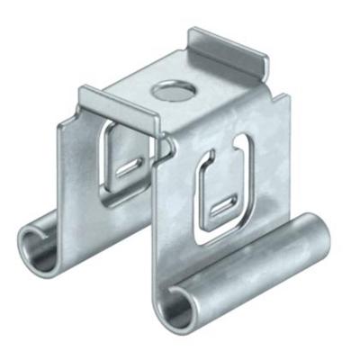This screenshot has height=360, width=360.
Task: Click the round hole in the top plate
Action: click(166, 90)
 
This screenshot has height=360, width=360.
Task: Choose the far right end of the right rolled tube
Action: click(322, 236)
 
